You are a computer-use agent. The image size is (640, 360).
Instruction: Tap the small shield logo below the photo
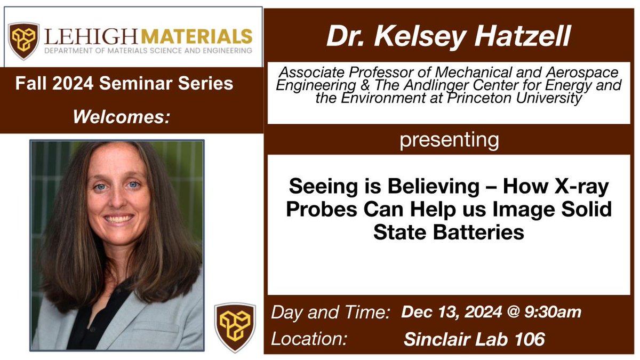[x=235, y=327]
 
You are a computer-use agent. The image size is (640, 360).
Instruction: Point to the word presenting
[x=449, y=140]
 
